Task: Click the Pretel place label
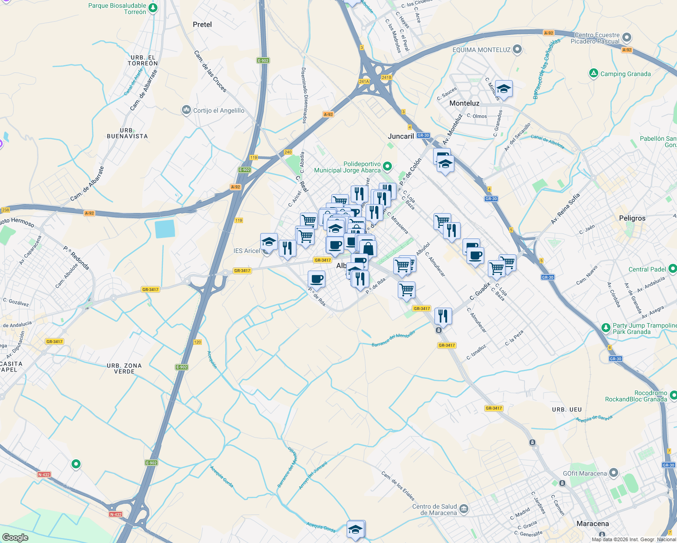tap(202, 24)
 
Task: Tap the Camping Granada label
tap(625, 74)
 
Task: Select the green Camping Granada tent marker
tap(594, 73)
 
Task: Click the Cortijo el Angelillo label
tap(219, 110)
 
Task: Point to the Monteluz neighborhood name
tap(464, 103)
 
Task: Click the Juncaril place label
tap(401, 136)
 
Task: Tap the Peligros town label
tap(632, 218)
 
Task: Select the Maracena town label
tap(593, 524)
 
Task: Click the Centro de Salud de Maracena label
tap(434, 510)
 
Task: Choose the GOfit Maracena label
tap(585, 473)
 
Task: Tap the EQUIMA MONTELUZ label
tap(482, 50)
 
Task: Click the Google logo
tap(15, 537)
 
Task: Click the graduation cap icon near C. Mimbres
tap(504, 89)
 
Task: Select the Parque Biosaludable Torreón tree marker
tap(153, 8)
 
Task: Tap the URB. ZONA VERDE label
tap(124, 368)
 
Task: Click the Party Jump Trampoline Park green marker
tap(605, 327)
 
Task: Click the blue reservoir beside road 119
tap(165, 228)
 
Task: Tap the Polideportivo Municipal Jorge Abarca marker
tap(387, 167)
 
